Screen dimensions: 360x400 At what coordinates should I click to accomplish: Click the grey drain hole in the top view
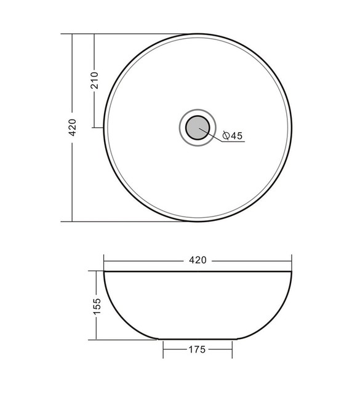pos(198,127)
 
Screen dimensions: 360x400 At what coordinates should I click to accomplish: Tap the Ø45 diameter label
pos(233,135)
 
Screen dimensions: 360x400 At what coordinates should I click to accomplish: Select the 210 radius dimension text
pos(94,81)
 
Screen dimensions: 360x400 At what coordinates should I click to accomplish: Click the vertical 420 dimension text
pos(73,127)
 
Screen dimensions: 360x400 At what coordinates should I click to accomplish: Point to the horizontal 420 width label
pos(198,260)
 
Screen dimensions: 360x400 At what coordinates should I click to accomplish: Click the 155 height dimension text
pos(97,306)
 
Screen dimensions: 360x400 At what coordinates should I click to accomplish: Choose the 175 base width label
pos(197,350)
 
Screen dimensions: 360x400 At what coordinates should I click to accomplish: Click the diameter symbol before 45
pos(226,135)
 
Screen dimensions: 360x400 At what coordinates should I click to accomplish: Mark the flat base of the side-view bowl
pos(198,339)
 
